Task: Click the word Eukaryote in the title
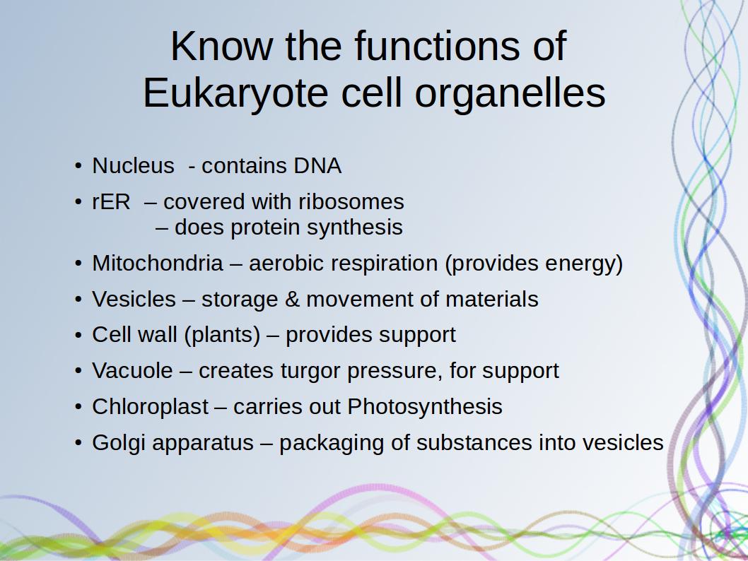point(235,94)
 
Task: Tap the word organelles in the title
point(510,94)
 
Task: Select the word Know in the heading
point(222,46)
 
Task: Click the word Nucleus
point(133,166)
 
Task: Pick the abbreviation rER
point(111,201)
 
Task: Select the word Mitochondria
point(158,263)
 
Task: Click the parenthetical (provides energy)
point(534,264)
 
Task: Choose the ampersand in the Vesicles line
point(292,300)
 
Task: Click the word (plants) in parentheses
point(222,335)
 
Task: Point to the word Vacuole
point(133,371)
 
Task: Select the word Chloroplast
point(151,407)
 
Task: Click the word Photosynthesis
point(425,407)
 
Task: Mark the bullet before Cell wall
point(78,335)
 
